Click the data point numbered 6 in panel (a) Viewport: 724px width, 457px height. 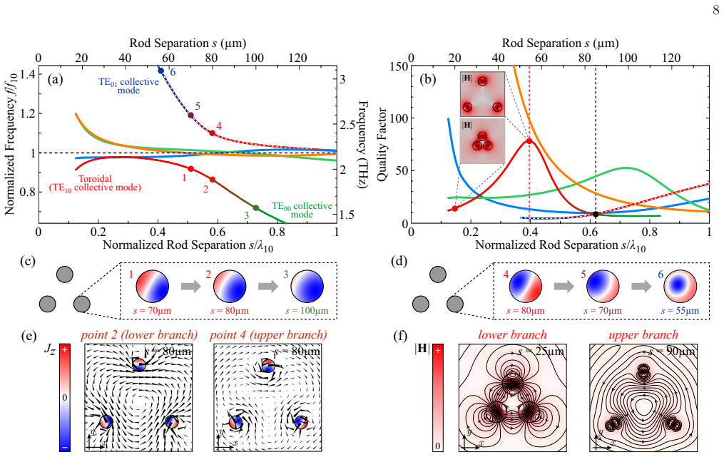point(160,71)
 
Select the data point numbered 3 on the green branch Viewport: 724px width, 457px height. point(256,207)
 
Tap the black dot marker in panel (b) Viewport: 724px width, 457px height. point(596,214)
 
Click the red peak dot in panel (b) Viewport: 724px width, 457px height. point(529,141)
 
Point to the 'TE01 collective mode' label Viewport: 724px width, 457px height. point(128,86)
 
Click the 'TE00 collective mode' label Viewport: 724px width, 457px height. point(302,210)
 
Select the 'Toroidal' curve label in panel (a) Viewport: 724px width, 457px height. point(95,178)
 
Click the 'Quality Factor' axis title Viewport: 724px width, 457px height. point(382,145)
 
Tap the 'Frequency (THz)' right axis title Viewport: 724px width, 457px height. point(363,145)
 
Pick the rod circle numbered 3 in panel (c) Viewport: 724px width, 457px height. point(307,287)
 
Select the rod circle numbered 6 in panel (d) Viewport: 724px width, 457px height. point(680,287)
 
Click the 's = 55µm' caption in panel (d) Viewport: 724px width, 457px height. point(680,311)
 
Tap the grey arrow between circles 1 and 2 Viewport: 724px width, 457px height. point(191,287)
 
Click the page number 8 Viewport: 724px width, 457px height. point(715,10)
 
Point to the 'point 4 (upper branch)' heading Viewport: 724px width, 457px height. point(268,334)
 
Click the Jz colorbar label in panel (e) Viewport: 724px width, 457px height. point(49,349)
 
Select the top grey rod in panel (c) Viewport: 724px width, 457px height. point(65,274)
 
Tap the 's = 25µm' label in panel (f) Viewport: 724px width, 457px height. point(541,351)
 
